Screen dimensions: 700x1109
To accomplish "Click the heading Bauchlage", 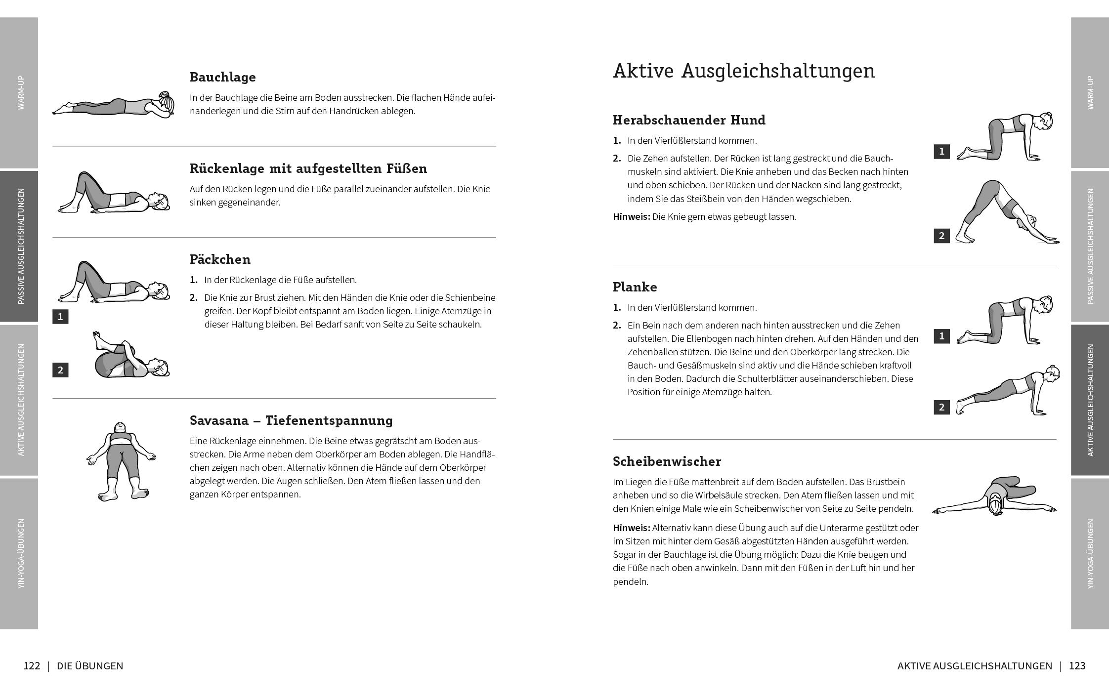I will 222,77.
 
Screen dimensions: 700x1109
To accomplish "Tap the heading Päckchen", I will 220,259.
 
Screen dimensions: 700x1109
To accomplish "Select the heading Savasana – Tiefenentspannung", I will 291,420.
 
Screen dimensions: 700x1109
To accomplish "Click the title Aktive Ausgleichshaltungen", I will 743,71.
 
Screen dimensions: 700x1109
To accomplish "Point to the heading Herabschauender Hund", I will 689,120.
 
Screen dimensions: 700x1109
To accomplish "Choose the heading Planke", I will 635,287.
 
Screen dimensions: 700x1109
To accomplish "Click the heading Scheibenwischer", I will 667,461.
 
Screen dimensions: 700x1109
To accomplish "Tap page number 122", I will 32,666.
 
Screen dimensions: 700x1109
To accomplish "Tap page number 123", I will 1077,666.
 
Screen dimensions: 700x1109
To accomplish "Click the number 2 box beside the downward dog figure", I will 941,236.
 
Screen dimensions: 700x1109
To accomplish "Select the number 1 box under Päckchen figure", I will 60,317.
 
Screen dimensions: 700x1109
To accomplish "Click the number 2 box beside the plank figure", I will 941,407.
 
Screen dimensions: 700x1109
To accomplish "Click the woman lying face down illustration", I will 114,105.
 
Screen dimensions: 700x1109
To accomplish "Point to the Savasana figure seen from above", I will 121,461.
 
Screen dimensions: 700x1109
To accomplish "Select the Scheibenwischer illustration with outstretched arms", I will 994,498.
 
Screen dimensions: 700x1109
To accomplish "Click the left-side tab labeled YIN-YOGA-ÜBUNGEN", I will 20,553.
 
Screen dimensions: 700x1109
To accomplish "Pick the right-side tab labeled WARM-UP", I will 1090,92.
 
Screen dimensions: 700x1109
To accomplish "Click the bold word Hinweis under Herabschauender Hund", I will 631,217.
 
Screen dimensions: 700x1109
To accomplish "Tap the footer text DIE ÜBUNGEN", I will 90,666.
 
